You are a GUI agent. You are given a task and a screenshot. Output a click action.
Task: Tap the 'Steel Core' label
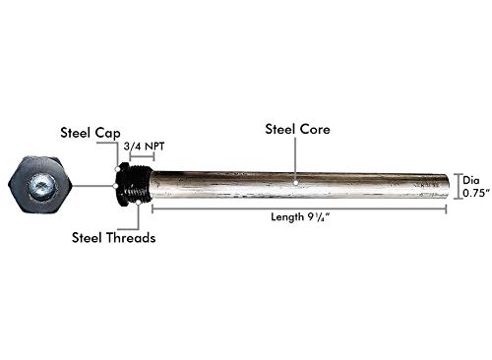coord(296,128)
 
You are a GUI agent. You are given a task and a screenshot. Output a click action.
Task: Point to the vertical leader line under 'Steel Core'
coord(296,157)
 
